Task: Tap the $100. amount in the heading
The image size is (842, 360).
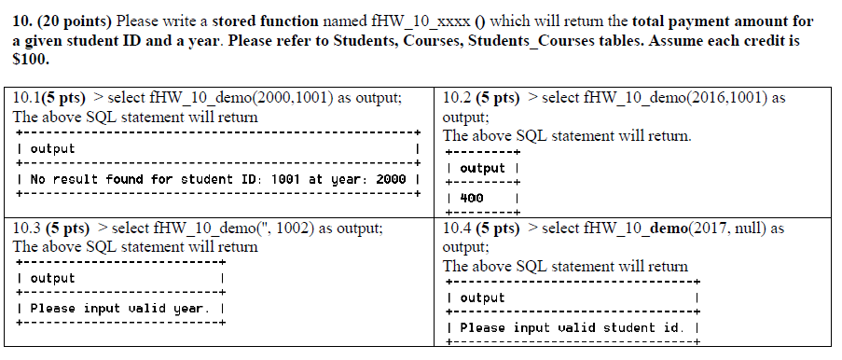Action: [x=29, y=59]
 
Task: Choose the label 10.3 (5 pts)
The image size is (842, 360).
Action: [x=51, y=228]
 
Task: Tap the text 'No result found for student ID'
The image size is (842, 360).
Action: [x=123, y=178]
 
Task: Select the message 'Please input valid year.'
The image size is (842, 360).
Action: [x=120, y=308]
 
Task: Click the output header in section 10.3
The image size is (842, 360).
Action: [x=52, y=279]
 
